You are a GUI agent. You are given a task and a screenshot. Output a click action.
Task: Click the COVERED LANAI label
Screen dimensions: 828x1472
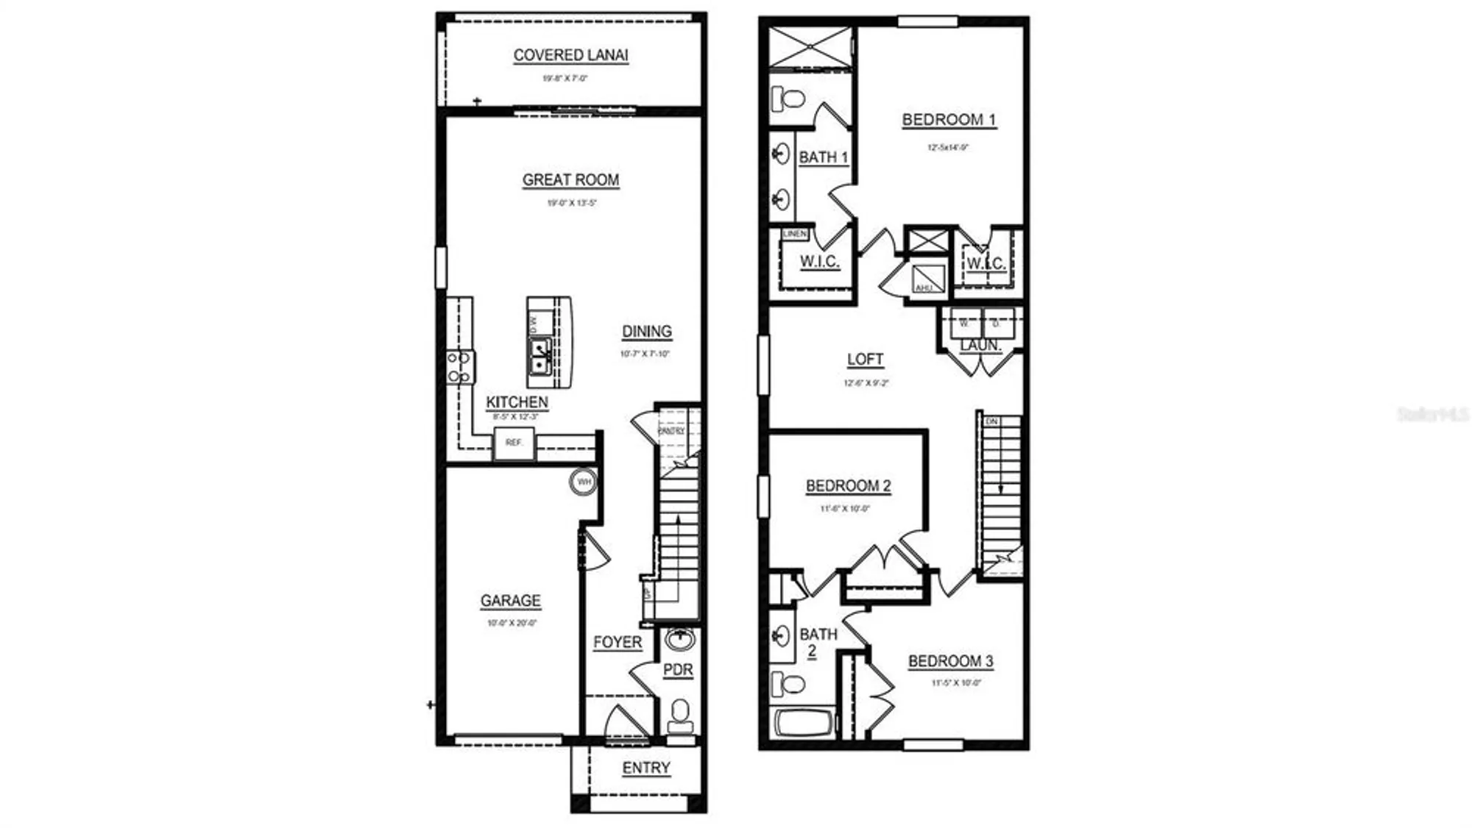570,55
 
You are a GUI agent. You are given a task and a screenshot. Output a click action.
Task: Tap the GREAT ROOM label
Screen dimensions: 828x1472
570,180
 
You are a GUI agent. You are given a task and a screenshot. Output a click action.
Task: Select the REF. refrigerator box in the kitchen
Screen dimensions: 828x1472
514,443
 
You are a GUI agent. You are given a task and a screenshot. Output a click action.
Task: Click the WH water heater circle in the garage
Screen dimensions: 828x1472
584,482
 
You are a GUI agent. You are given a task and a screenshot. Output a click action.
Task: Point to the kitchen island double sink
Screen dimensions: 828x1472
540,355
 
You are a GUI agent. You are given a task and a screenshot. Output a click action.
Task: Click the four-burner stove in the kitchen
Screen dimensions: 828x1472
460,367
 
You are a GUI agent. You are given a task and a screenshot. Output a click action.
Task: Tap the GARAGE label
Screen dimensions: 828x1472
511,601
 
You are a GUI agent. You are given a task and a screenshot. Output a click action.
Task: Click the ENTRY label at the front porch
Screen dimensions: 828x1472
646,768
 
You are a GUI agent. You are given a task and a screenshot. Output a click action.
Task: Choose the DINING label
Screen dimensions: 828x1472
647,332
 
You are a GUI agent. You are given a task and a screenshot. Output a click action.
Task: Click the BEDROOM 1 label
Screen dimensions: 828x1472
949,120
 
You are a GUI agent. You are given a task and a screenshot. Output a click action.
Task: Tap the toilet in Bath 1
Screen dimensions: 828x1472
788,98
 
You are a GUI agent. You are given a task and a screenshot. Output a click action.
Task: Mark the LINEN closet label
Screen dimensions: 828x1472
795,234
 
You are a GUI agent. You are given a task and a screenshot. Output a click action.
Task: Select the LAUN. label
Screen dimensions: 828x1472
980,345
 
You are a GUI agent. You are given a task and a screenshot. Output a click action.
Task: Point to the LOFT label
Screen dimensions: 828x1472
865,360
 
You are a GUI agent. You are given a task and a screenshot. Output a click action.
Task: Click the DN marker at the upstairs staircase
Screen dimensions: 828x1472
991,421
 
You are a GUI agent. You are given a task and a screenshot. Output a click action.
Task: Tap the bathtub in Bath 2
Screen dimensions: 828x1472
804,723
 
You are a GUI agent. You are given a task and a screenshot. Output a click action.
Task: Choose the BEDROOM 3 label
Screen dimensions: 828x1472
950,661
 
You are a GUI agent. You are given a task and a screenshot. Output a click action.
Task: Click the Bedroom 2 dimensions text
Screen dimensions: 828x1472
845,509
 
